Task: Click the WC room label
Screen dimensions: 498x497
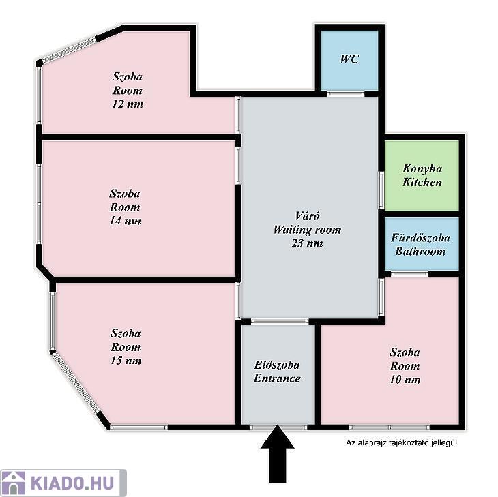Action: (349, 59)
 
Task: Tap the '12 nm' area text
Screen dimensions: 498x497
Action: (128, 104)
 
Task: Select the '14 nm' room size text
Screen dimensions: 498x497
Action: (125, 221)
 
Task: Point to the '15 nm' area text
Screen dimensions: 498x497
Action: (126, 361)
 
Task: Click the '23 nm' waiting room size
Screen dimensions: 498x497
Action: (307, 243)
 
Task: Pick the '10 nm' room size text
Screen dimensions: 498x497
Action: (405, 380)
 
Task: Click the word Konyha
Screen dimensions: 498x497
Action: (422, 169)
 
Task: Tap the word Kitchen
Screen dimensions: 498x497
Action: (422, 183)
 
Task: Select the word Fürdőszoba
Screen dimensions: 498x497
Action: (420, 238)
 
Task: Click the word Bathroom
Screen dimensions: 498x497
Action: (420, 252)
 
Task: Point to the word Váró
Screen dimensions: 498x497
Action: (307, 216)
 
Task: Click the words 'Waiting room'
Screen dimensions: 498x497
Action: (307, 230)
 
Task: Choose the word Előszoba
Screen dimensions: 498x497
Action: (277, 365)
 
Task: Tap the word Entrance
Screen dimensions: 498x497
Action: (277, 378)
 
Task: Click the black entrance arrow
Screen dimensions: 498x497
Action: (277, 454)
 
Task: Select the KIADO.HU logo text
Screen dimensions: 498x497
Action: (72, 483)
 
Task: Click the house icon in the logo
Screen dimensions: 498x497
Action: (13, 483)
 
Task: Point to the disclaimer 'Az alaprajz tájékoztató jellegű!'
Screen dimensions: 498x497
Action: (401, 442)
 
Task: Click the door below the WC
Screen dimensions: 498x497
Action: (346, 93)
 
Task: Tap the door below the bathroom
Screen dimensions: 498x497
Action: (409, 273)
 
